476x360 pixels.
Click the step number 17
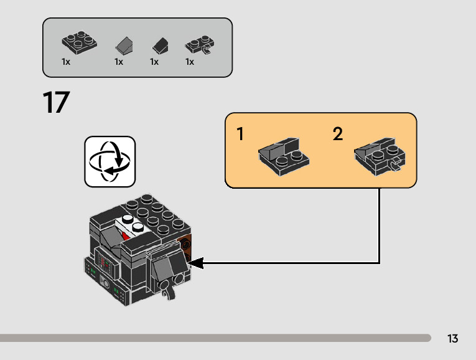coord(56,103)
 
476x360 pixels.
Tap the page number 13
coord(452,339)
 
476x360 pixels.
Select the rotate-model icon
coord(110,161)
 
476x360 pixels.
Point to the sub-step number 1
coord(240,134)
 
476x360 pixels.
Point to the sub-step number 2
coord(338,134)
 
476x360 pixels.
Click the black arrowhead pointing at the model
coord(195,263)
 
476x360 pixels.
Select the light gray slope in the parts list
coord(124,45)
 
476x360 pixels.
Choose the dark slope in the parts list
coord(161,45)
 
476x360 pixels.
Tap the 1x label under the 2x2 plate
coord(66,62)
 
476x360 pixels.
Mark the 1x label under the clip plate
coord(190,62)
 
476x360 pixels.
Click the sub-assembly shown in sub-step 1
coord(283,154)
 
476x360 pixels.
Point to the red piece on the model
coord(126,236)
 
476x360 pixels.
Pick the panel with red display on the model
coord(106,268)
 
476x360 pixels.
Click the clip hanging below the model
coord(167,290)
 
